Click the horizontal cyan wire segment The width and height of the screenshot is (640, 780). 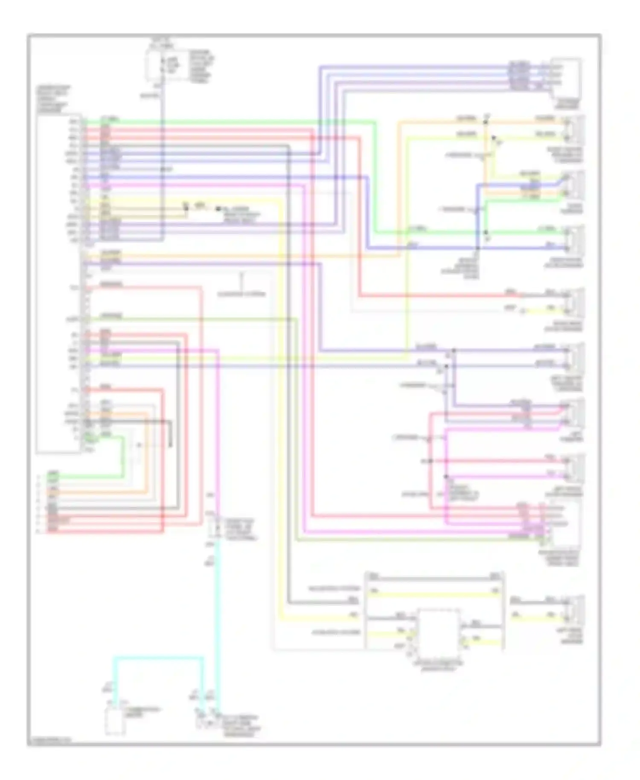point(158,658)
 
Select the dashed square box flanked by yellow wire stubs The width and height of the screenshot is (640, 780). point(438,633)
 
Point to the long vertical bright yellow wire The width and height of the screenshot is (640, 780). point(280,405)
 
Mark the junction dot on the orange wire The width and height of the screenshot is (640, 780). point(485,122)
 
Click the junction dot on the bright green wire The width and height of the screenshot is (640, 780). point(486,233)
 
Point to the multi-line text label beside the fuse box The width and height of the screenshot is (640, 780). point(201,66)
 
